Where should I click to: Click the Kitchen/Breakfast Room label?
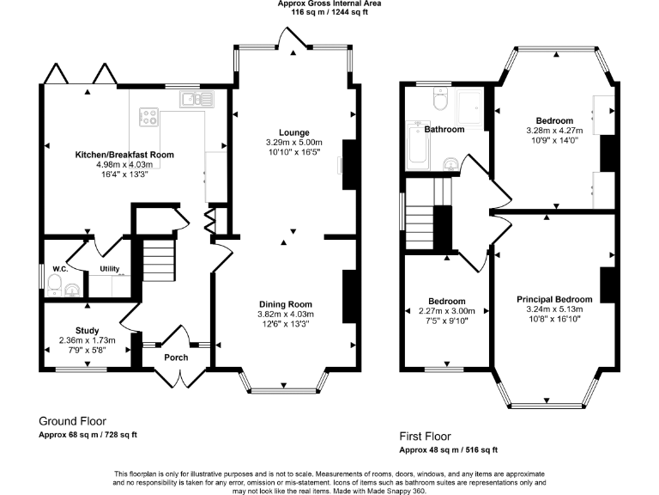point(124,155)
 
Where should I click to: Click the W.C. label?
point(60,269)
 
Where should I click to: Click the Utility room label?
point(110,269)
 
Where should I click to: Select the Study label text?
point(87,330)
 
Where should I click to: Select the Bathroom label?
point(444,130)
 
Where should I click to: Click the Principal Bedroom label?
point(553,299)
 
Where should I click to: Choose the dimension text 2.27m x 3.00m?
point(446,311)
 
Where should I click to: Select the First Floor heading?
point(425,437)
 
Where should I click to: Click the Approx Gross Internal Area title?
point(329,4)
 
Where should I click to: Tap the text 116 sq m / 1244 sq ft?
point(329,14)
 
